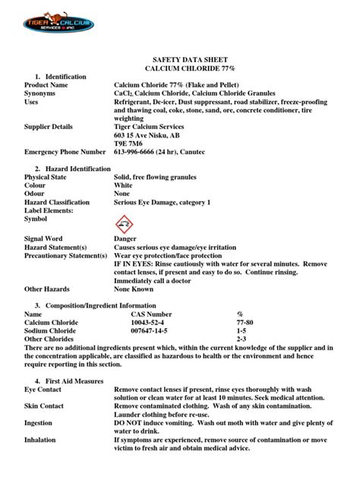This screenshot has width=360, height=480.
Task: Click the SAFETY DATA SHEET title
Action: (180, 58)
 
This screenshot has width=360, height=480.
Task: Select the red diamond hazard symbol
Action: (123, 224)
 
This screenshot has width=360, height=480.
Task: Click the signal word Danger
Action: (125, 238)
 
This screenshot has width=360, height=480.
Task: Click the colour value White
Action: (123, 185)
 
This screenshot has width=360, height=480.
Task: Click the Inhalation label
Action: (40, 439)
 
